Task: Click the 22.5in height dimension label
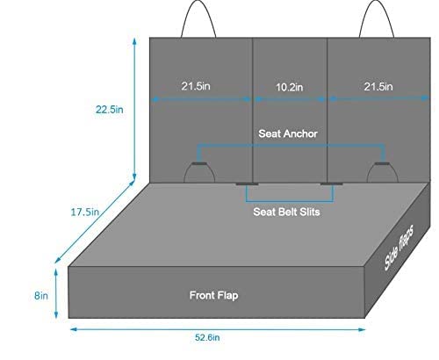click(110, 110)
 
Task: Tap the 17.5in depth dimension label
click(85, 212)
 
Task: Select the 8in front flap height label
click(41, 296)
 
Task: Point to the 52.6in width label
click(207, 337)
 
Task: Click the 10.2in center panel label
click(290, 87)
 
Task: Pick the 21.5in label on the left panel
click(196, 86)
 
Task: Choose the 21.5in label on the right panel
click(378, 87)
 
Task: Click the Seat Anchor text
click(288, 133)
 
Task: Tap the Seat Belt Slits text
click(286, 212)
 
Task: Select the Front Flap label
click(213, 295)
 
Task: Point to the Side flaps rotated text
click(399, 248)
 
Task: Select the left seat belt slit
click(247, 184)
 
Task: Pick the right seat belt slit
click(332, 184)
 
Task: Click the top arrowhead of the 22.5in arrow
click(134, 41)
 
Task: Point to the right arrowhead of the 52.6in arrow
click(363, 329)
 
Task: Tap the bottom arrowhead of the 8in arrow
click(56, 315)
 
